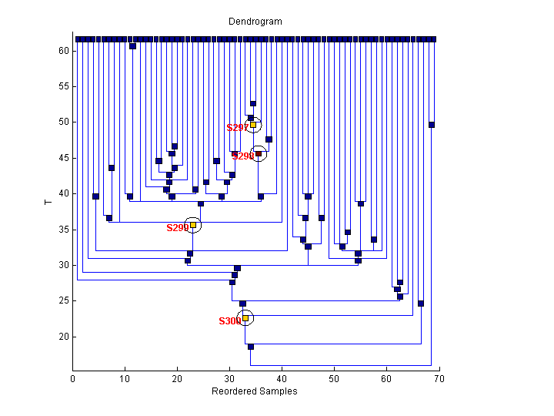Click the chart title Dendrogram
(255, 22)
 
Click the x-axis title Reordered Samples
(255, 391)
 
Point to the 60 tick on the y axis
(73, 51)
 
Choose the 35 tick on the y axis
(73, 230)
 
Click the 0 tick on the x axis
(73, 371)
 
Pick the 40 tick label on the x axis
(282, 379)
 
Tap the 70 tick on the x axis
(439, 371)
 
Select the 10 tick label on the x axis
(125, 379)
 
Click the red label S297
(237, 128)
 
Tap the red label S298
(242, 156)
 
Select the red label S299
(177, 228)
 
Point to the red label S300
(229, 321)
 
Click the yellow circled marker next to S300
(245, 317)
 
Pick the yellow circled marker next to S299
(193, 225)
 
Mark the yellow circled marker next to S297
(253, 125)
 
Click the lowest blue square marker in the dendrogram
(251, 347)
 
